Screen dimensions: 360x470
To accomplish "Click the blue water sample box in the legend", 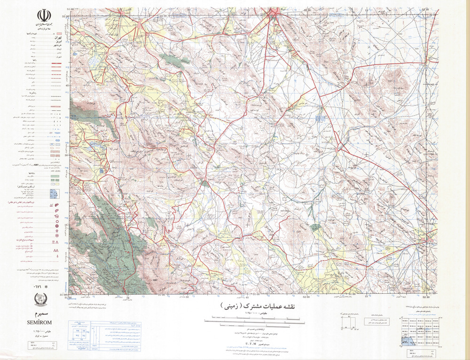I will pos(55,193).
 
